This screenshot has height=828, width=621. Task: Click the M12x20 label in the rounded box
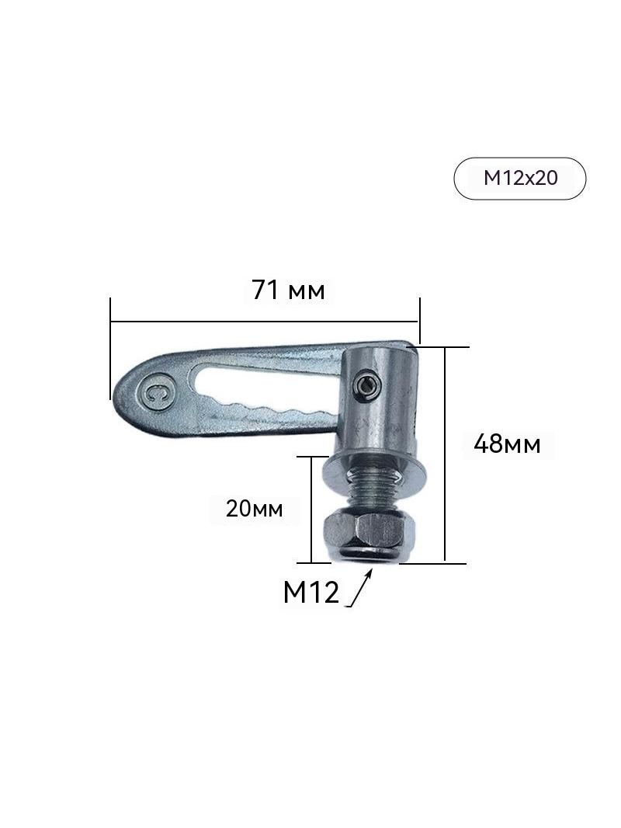(x=519, y=178)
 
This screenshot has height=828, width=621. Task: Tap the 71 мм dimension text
(x=288, y=290)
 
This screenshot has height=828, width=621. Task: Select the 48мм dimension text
(x=507, y=444)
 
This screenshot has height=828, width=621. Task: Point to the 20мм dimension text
(x=254, y=509)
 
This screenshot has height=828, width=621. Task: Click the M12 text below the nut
(x=310, y=593)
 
